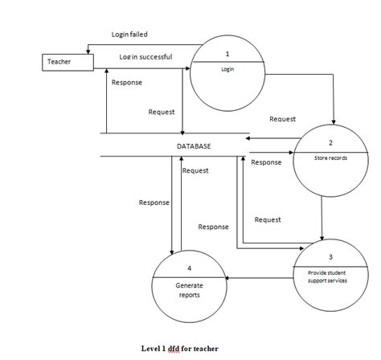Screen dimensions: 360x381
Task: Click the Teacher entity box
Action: [67, 61]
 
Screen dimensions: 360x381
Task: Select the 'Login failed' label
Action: [129, 35]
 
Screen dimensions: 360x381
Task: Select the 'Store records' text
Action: [330, 157]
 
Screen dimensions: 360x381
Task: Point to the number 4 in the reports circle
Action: [189, 268]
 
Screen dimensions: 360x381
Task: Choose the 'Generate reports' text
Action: [189, 289]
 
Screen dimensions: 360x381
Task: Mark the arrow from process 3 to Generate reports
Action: [257, 278]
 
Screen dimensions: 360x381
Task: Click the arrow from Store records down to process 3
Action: [322, 217]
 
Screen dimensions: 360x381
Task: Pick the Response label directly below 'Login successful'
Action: [127, 83]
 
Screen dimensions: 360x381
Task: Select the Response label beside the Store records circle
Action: [266, 162]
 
